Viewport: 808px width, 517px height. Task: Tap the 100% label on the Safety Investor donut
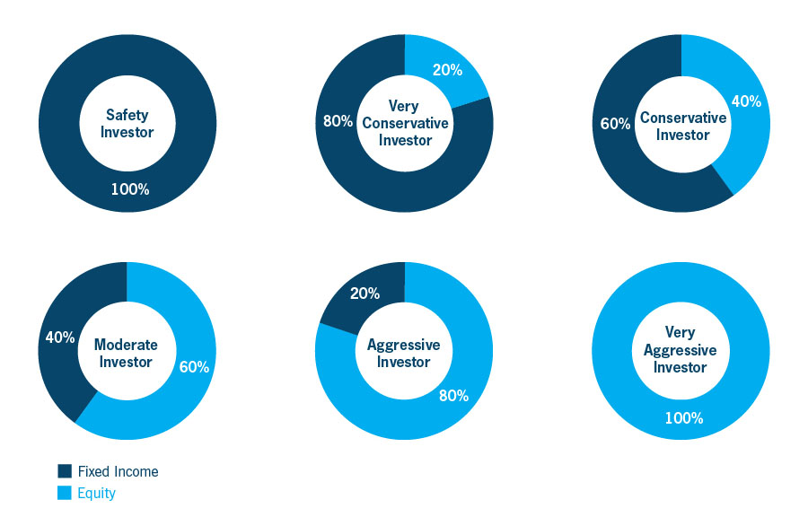coord(130,189)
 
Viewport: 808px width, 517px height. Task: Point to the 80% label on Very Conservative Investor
coord(338,120)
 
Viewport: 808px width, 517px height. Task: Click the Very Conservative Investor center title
coord(405,123)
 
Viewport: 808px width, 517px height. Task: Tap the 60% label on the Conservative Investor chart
coord(615,123)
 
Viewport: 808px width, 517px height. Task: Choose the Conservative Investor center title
coord(682,126)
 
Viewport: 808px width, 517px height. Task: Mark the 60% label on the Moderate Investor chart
coord(194,367)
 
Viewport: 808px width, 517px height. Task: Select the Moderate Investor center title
coord(126,353)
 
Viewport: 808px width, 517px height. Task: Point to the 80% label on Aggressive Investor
coord(453,395)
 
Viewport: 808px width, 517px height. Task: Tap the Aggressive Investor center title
coord(404,353)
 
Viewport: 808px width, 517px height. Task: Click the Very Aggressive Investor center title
coord(681,349)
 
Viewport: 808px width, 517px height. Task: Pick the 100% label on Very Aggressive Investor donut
coord(684,417)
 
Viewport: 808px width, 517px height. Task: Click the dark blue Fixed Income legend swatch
coord(65,471)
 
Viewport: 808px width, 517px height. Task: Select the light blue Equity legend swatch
coord(65,493)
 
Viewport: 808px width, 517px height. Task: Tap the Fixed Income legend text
coord(118,471)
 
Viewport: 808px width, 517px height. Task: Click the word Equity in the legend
coord(97,493)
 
